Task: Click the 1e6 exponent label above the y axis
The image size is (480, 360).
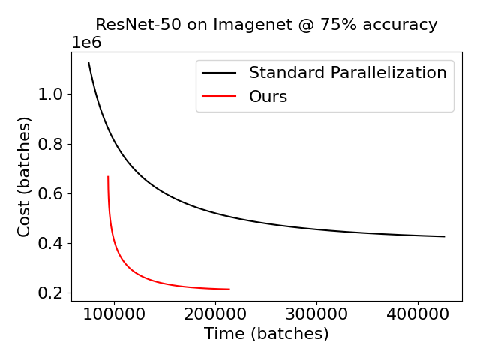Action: [x=86, y=43]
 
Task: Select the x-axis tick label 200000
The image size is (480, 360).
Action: [x=216, y=313]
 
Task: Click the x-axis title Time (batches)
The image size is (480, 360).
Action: [x=266, y=334]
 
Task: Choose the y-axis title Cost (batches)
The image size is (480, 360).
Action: [x=24, y=177]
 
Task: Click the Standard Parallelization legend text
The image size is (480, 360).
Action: [x=347, y=73]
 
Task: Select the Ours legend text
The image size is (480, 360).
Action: [x=268, y=97]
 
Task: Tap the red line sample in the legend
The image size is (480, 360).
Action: [x=220, y=97]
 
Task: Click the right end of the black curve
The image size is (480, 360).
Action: [x=444, y=236]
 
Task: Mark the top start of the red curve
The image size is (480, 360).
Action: [x=108, y=177]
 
